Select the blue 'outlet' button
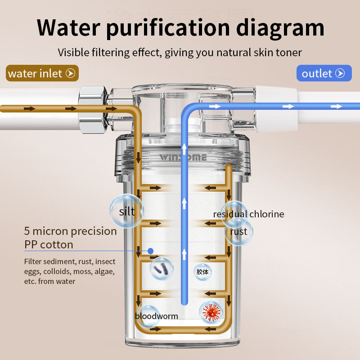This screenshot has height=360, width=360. [324, 73]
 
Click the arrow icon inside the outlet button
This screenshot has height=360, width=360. [341, 73]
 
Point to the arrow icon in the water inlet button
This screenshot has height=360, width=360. [70, 73]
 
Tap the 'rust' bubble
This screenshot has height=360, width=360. [238, 231]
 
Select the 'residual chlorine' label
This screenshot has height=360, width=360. [248, 214]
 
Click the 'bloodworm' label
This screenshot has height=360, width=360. [156, 316]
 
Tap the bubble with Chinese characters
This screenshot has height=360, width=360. [202, 272]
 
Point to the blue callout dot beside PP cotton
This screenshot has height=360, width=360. [150, 251]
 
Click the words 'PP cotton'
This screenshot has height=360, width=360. [49, 244]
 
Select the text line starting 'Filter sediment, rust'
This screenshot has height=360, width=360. [70, 261]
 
